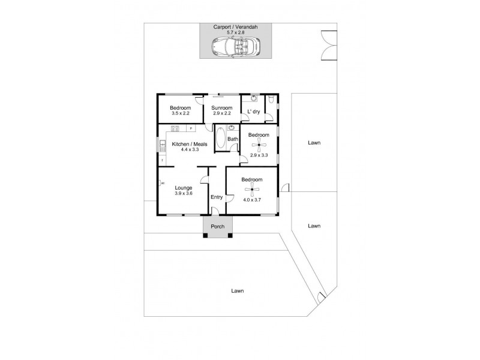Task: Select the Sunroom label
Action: (222, 107)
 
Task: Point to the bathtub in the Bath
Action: (220, 137)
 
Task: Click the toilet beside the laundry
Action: (272, 100)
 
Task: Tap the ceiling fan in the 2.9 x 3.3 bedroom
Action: (259, 145)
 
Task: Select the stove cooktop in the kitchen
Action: (175, 128)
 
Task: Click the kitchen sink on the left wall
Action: (162, 146)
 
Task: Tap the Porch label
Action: (217, 227)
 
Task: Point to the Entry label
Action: (217, 197)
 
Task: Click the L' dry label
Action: (253, 112)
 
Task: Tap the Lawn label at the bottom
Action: (238, 290)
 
